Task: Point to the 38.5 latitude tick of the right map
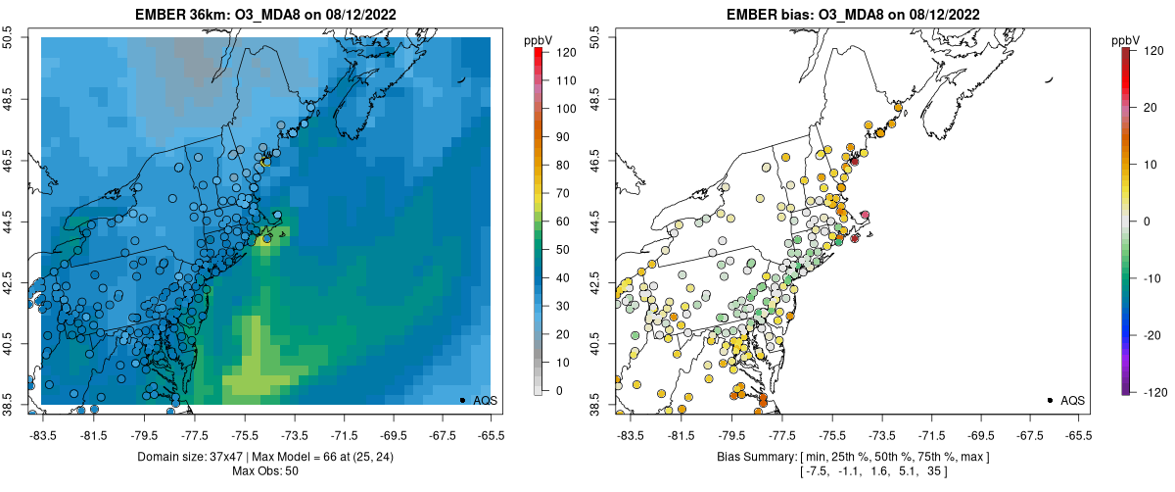[x=594, y=404]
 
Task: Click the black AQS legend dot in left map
[x=462, y=400]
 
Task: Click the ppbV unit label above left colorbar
[x=538, y=39]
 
